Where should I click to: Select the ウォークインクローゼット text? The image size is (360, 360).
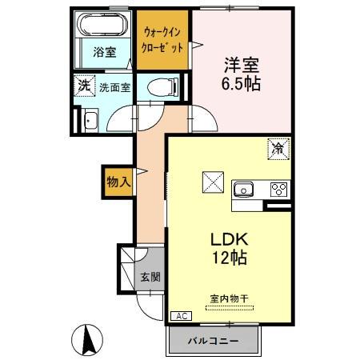(163, 40)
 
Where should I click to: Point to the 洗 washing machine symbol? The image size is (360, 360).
(84, 85)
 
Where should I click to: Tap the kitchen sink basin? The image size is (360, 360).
(243, 190)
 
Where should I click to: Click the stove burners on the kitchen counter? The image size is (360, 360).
(278, 190)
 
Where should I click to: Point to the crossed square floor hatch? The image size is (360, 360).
(212, 182)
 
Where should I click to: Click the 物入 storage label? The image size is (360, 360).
(118, 182)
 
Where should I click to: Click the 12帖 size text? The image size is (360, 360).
(229, 258)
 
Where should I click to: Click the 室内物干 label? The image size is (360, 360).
(229, 298)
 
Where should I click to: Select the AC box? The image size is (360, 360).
(182, 317)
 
